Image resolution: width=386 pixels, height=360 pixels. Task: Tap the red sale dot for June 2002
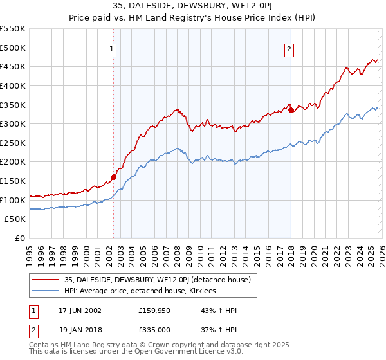click(113, 177)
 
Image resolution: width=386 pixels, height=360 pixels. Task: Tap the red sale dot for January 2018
click(291, 110)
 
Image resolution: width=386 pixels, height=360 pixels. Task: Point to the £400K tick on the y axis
click(13, 85)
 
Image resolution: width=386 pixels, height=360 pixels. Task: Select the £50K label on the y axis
click(15, 219)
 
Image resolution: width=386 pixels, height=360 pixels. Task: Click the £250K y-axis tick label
click(13, 143)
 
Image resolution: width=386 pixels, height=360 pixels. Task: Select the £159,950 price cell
click(156, 310)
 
